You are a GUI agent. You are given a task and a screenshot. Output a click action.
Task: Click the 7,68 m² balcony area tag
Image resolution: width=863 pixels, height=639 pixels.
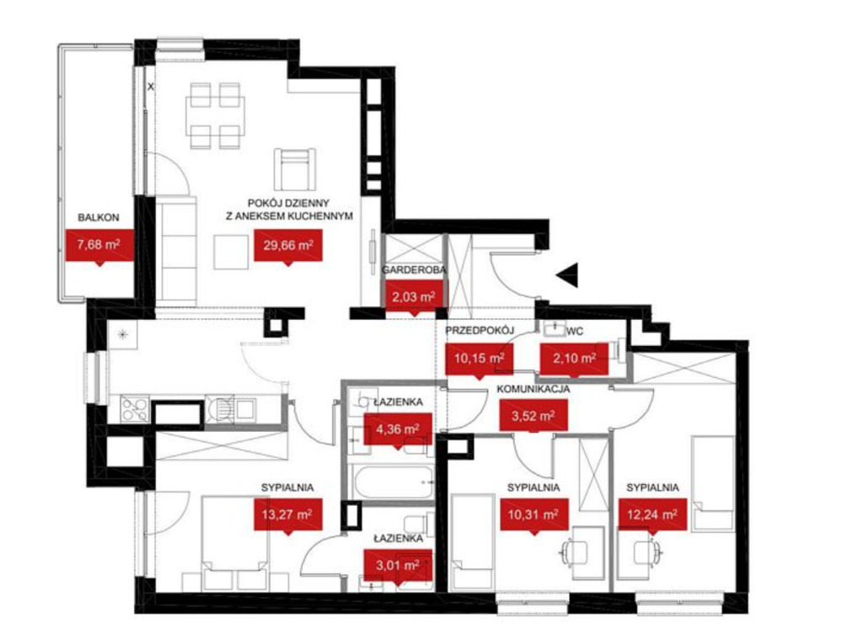99,245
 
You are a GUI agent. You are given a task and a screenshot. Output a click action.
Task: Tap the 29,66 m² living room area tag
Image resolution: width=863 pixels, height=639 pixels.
288,245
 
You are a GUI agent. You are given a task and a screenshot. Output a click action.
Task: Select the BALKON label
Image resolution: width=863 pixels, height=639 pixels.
99,217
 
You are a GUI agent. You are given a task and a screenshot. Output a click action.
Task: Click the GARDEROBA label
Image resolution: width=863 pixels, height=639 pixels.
414,270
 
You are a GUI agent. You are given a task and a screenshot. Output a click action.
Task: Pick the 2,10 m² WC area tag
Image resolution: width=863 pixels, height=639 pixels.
574,359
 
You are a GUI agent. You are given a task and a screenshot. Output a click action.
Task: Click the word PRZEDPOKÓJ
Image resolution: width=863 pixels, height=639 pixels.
480,331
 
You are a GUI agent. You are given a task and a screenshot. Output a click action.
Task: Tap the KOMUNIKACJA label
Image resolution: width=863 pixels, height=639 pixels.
533,389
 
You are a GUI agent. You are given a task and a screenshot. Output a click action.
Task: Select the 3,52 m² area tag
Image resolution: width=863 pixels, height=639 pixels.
533,416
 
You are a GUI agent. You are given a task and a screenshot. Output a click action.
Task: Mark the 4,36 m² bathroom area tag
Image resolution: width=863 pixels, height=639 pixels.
398,429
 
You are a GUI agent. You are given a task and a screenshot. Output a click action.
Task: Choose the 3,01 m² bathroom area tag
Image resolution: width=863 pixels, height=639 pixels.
398,566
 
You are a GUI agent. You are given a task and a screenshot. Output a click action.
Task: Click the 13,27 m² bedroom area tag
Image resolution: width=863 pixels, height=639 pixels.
288,515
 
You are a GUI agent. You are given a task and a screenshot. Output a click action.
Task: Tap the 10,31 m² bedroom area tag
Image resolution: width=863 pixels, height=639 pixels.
533,515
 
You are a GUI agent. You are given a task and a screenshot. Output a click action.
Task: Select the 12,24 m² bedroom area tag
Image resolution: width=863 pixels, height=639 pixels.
652,515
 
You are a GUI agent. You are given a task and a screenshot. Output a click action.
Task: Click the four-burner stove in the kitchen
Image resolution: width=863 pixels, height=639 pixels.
135,408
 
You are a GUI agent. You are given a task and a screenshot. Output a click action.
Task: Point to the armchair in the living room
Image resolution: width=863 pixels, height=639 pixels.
295,169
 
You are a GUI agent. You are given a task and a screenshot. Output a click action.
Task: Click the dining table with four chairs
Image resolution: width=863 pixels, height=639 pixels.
215,115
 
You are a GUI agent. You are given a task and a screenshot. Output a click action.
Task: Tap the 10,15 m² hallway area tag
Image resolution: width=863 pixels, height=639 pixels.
479,359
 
